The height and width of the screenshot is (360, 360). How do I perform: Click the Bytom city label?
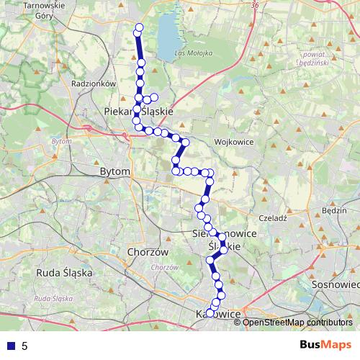point(116,172)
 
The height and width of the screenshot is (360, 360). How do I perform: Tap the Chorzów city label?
point(147,253)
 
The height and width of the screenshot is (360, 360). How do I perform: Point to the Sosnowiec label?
point(336,284)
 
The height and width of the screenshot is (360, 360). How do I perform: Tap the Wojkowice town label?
point(233,142)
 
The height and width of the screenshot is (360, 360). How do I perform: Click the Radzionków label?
point(94,84)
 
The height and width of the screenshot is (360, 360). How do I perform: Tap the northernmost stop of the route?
point(139,28)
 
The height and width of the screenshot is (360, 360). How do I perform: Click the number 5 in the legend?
point(24,346)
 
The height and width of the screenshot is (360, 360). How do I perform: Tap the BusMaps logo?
point(324,346)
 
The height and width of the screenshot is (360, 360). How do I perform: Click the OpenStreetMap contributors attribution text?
point(297,322)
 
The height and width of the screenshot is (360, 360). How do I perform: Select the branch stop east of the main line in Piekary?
point(153,96)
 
